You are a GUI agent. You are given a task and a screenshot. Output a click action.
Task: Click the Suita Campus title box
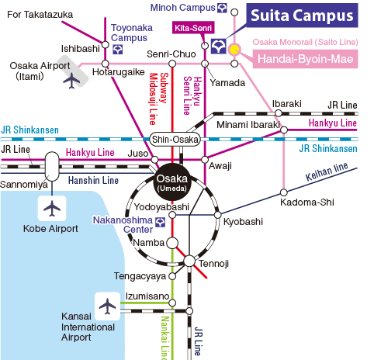coord(302,16)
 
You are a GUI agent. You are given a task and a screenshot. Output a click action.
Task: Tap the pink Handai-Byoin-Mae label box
coord(306,59)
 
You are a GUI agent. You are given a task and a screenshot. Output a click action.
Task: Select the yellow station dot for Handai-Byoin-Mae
coord(234,50)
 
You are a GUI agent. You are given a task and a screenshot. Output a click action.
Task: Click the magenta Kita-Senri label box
coord(193,28)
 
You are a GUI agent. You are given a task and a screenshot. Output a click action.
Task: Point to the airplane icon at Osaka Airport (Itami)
coord(71,81)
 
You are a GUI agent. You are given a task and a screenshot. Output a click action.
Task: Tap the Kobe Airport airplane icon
coord(52,208)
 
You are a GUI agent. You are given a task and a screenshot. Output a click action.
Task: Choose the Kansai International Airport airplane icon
coord(107,306)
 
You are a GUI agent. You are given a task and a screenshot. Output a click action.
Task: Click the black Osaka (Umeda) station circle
coord(172,182)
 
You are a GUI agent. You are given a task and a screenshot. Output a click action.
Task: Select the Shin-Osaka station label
coord(175,140)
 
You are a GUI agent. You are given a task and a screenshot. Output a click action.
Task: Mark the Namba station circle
coord(172,243)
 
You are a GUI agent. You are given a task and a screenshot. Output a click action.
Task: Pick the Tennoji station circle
coord(189,261)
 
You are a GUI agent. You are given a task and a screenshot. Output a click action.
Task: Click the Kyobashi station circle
coord(218,215)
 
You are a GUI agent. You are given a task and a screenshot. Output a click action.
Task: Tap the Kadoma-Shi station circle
coord(284,192)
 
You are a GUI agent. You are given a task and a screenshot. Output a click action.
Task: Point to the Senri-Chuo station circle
coord(172,64)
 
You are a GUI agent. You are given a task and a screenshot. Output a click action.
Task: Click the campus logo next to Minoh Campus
coord(222,8)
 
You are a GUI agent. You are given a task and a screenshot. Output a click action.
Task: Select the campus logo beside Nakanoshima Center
coord(160,222)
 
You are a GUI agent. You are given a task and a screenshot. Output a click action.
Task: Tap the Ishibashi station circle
coord(106,45)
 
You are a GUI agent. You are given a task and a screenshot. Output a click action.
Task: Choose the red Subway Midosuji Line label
coord(159,99)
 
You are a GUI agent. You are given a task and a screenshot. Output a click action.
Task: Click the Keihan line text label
coord(327,171)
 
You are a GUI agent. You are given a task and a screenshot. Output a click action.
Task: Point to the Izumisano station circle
coord(172,303)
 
